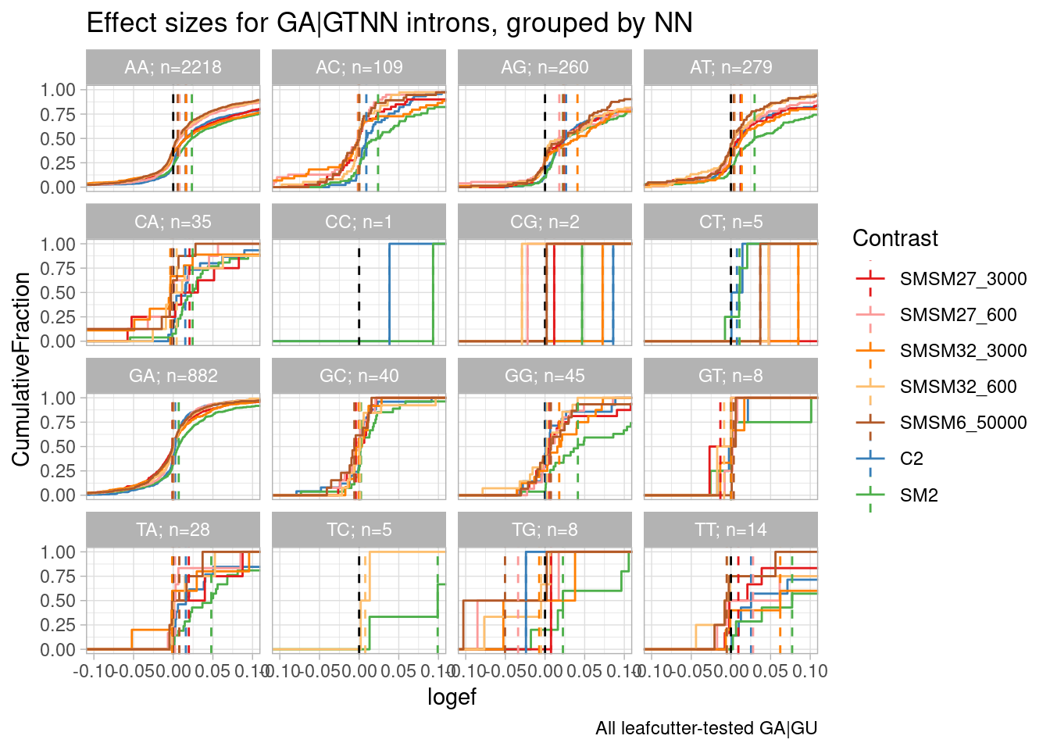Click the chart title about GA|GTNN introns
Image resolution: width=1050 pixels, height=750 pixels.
[389, 23]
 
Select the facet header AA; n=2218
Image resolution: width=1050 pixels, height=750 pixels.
[173, 67]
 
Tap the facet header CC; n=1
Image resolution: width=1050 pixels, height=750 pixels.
[359, 222]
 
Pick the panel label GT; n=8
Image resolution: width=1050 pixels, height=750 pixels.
[730, 376]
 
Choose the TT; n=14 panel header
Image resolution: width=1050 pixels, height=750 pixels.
[730, 530]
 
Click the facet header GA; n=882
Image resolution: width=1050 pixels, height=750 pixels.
[173, 376]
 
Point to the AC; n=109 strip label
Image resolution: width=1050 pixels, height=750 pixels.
[359, 67]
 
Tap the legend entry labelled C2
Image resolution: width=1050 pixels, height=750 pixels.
[911, 459]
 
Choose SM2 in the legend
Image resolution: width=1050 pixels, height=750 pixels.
[919, 495]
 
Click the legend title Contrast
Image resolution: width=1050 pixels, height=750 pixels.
[895, 238]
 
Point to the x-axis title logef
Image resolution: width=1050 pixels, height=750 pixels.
[452, 697]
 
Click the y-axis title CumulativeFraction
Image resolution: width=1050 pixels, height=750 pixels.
[21, 369]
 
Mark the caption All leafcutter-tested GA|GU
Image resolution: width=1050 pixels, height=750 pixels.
[705, 729]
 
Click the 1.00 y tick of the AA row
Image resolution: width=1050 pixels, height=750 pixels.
[59, 90]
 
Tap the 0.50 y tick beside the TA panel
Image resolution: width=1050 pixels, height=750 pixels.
[59, 601]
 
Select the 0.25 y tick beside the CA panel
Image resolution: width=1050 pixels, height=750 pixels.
[59, 317]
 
